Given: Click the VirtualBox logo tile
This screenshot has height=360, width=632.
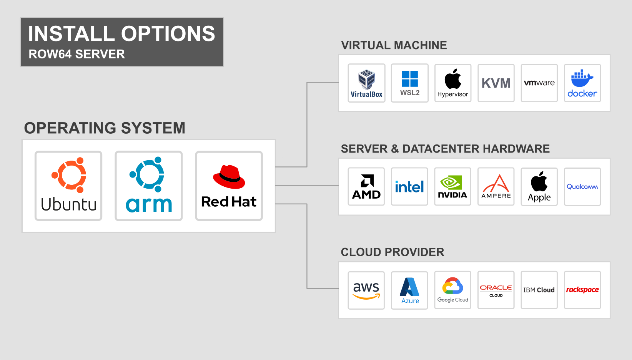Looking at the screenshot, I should click(x=366, y=83).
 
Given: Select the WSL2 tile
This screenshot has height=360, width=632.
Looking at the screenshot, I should click(x=410, y=83).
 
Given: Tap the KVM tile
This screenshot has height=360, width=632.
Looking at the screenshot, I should click(x=496, y=83).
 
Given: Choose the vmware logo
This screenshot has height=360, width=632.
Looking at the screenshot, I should click(x=539, y=83).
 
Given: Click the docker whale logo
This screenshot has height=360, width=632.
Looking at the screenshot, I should click(x=582, y=79).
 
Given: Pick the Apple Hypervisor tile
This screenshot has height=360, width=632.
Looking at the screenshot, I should click(x=453, y=83).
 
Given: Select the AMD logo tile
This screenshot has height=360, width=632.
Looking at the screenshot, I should click(x=366, y=187).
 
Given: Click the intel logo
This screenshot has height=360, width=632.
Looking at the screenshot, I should click(x=409, y=187).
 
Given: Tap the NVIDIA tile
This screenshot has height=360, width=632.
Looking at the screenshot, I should click(x=453, y=187).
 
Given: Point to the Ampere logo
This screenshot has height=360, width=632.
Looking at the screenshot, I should click(x=496, y=187).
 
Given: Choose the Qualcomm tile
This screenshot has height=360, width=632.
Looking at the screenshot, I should click(x=582, y=187).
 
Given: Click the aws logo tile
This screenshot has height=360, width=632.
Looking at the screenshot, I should click(x=366, y=290).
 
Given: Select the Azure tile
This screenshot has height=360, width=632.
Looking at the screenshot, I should click(x=409, y=290).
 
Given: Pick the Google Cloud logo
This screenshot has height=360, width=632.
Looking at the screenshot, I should click(x=453, y=290).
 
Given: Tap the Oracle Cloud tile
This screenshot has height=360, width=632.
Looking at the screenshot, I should click(x=496, y=290).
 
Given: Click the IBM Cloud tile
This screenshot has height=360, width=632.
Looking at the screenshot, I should click(x=539, y=290).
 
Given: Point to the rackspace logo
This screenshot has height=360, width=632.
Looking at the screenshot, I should click(x=582, y=290).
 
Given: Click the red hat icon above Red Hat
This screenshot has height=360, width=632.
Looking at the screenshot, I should click(x=229, y=177).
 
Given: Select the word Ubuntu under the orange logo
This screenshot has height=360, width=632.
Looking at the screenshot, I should click(x=68, y=204).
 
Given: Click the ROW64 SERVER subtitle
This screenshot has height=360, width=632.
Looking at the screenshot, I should click(x=77, y=54).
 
